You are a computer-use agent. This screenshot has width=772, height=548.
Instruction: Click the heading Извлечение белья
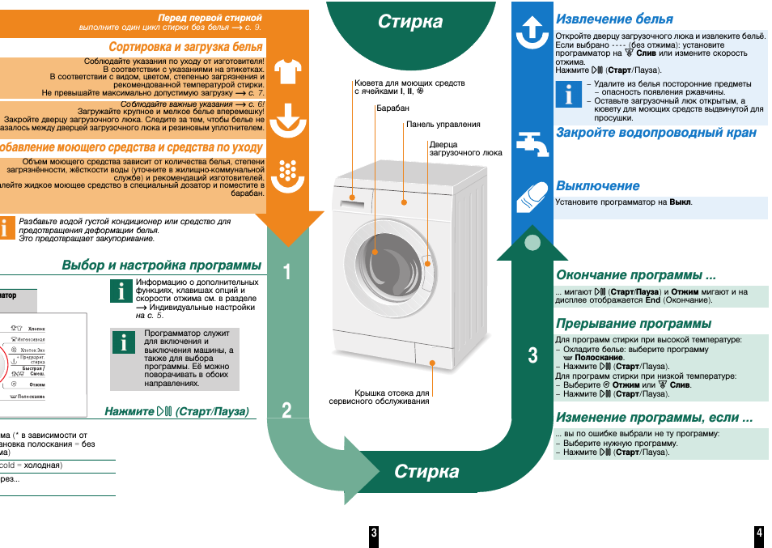[614, 19]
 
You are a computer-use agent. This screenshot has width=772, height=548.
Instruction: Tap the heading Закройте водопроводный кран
[655, 132]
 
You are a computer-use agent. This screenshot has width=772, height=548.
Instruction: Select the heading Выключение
[597, 186]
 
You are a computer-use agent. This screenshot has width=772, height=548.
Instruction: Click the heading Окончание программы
[636, 275]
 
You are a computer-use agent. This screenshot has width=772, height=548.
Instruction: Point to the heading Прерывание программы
[634, 324]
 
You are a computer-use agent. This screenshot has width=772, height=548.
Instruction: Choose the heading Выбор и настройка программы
[162, 266]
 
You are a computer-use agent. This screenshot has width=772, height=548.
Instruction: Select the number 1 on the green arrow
[287, 273]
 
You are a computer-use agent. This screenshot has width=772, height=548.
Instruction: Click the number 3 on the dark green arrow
[532, 355]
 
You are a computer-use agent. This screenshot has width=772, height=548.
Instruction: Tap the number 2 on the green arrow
[287, 411]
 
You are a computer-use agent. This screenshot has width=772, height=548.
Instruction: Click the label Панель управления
[443, 125]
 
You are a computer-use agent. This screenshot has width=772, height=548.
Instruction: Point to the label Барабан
[392, 108]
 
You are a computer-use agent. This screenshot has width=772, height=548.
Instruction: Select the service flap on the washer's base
[429, 356]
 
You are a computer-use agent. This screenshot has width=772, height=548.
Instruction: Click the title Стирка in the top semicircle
[410, 23]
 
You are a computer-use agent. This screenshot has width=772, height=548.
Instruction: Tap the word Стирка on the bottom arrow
[426, 472]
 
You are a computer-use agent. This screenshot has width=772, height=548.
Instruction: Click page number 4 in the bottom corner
[759, 533]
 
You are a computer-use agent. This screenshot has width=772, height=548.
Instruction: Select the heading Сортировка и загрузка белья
[185, 48]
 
